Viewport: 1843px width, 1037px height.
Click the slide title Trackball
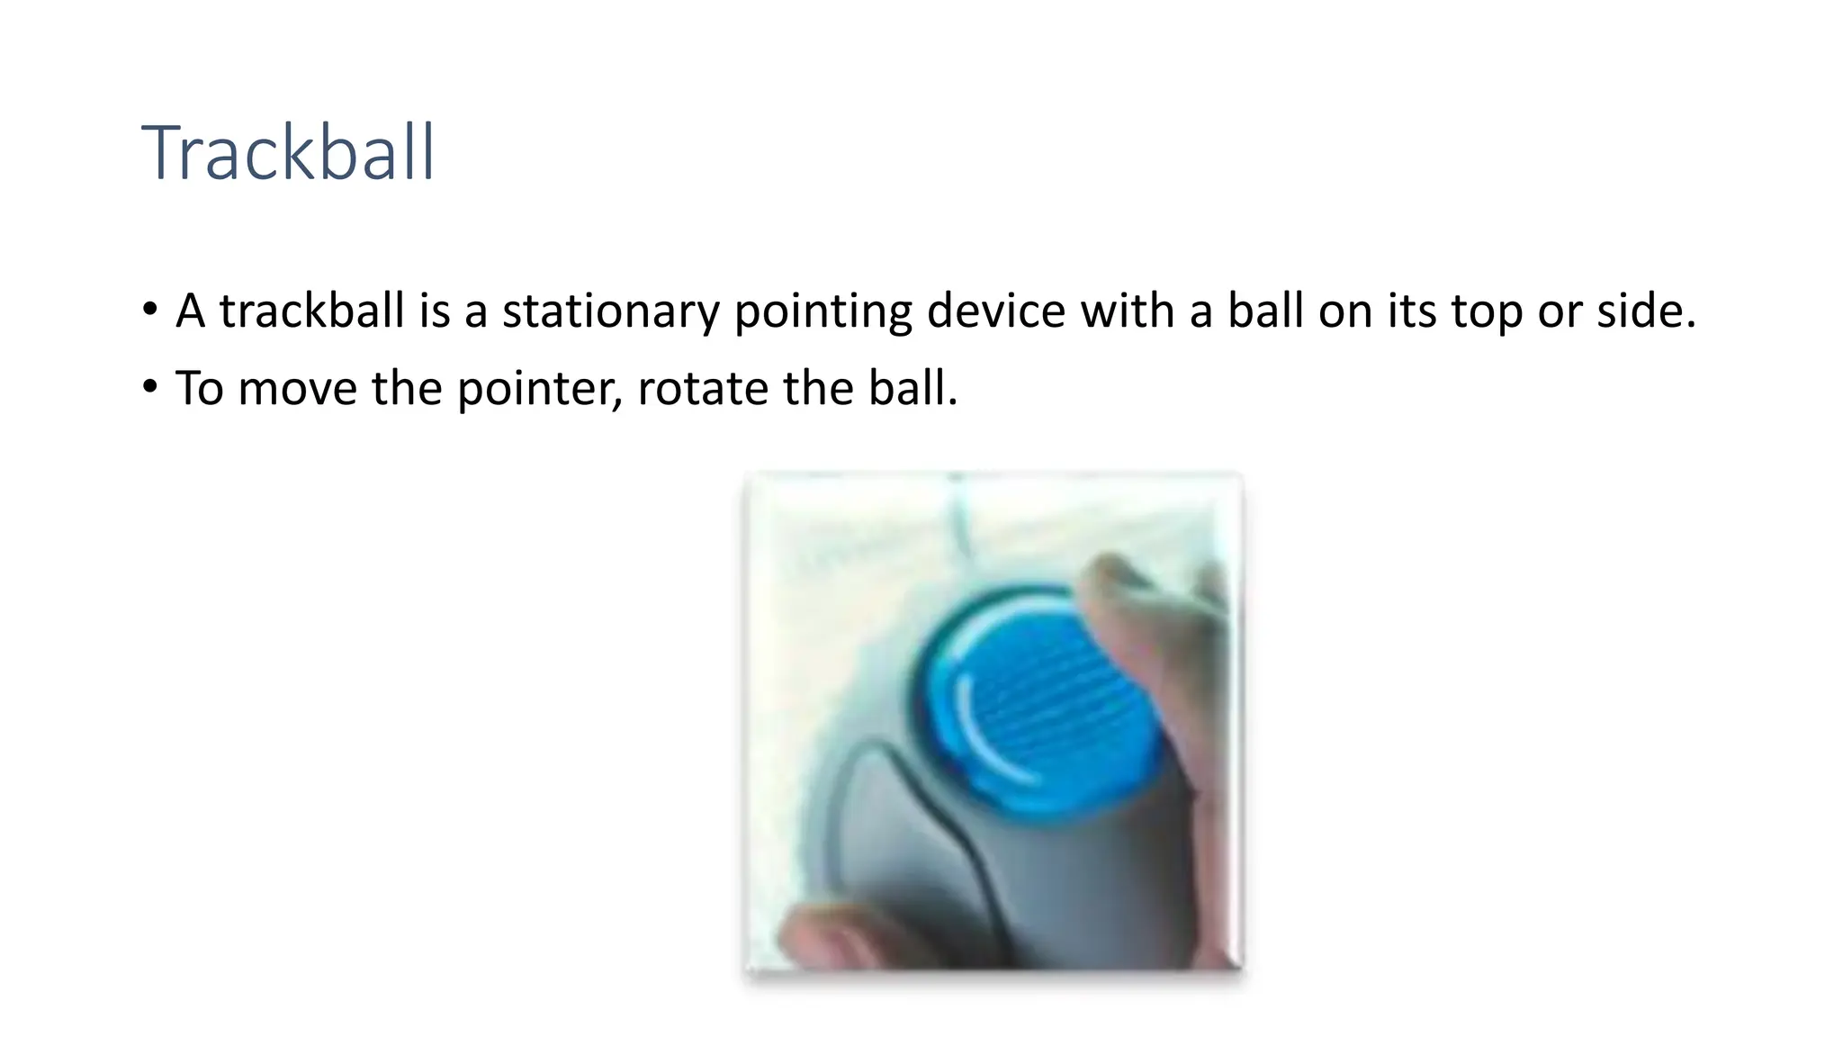(x=288, y=153)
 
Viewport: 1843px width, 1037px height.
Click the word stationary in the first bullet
(x=610, y=311)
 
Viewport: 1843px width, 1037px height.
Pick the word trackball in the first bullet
(x=311, y=311)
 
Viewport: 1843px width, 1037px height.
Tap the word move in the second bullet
(x=298, y=389)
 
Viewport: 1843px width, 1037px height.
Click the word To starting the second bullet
(x=199, y=389)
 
